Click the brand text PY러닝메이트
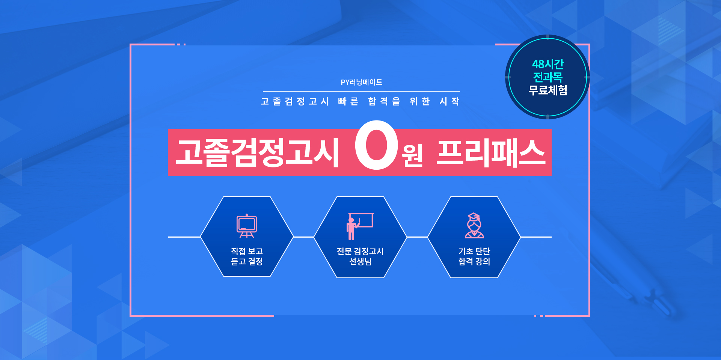361,82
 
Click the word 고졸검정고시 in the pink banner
258,152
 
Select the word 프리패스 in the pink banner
490,152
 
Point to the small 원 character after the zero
412,155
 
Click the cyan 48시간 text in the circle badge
548,64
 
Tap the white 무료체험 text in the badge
548,90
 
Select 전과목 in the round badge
548,77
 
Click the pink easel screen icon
247,226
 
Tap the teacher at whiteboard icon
360,226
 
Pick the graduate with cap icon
474,226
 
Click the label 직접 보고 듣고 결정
247,256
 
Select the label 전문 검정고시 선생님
360,256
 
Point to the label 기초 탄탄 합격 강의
474,256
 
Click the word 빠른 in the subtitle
348,101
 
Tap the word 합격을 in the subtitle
384,101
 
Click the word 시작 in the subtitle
449,101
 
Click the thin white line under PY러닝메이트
361,91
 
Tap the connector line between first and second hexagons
303,237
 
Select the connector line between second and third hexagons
417,237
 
